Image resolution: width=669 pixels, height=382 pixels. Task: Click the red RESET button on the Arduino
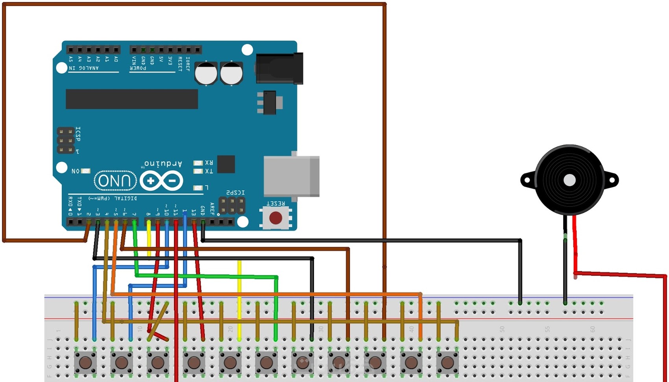pyautogui.click(x=275, y=218)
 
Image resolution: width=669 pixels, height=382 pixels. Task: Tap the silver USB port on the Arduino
pyautogui.click(x=291, y=176)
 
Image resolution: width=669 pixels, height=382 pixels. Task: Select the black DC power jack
pyautogui.click(x=279, y=68)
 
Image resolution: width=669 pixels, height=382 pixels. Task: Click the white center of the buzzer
pyautogui.click(x=569, y=180)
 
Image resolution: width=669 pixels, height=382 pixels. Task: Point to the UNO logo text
pyautogui.click(x=115, y=181)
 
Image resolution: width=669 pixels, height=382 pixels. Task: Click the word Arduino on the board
pyautogui.click(x=163, y=163)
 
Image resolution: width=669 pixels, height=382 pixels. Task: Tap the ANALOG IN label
pyautogui.click(x=84, y=68)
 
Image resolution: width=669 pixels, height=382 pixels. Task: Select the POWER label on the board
pyautogui.click(x=138, y=68)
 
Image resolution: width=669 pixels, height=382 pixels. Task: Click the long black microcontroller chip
pyautogui.click(x=131, y=99)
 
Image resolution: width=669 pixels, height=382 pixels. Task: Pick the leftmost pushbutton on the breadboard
pyautogui.click(x=85, y=362)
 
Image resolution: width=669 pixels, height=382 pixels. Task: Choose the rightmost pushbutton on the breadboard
pyautogui.click(x=447, y=362)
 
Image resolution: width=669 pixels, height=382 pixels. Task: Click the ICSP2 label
pyautogui.click(x=235, y=193)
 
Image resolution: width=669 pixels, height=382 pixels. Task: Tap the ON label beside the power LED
pyautogui.click(x=76, y=171)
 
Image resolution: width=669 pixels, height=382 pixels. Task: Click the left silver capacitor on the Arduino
pyautogui.click(x=206, y=73)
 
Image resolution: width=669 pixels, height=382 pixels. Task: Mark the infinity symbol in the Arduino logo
pyautogui.click(x=161, y=181)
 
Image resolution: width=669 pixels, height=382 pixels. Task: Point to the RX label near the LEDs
pyautogui.click(x=209, y=163)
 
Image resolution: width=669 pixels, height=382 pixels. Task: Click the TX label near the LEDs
pyautogui.click(x=209, y=171)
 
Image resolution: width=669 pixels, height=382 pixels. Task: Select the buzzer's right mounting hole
pyautogui.click(x=612, y=180)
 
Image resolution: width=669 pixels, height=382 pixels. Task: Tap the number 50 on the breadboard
pyautogui.click(x=502, y=329)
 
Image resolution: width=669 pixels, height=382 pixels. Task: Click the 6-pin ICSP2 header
pyautogui.click(x=232, y=206)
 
